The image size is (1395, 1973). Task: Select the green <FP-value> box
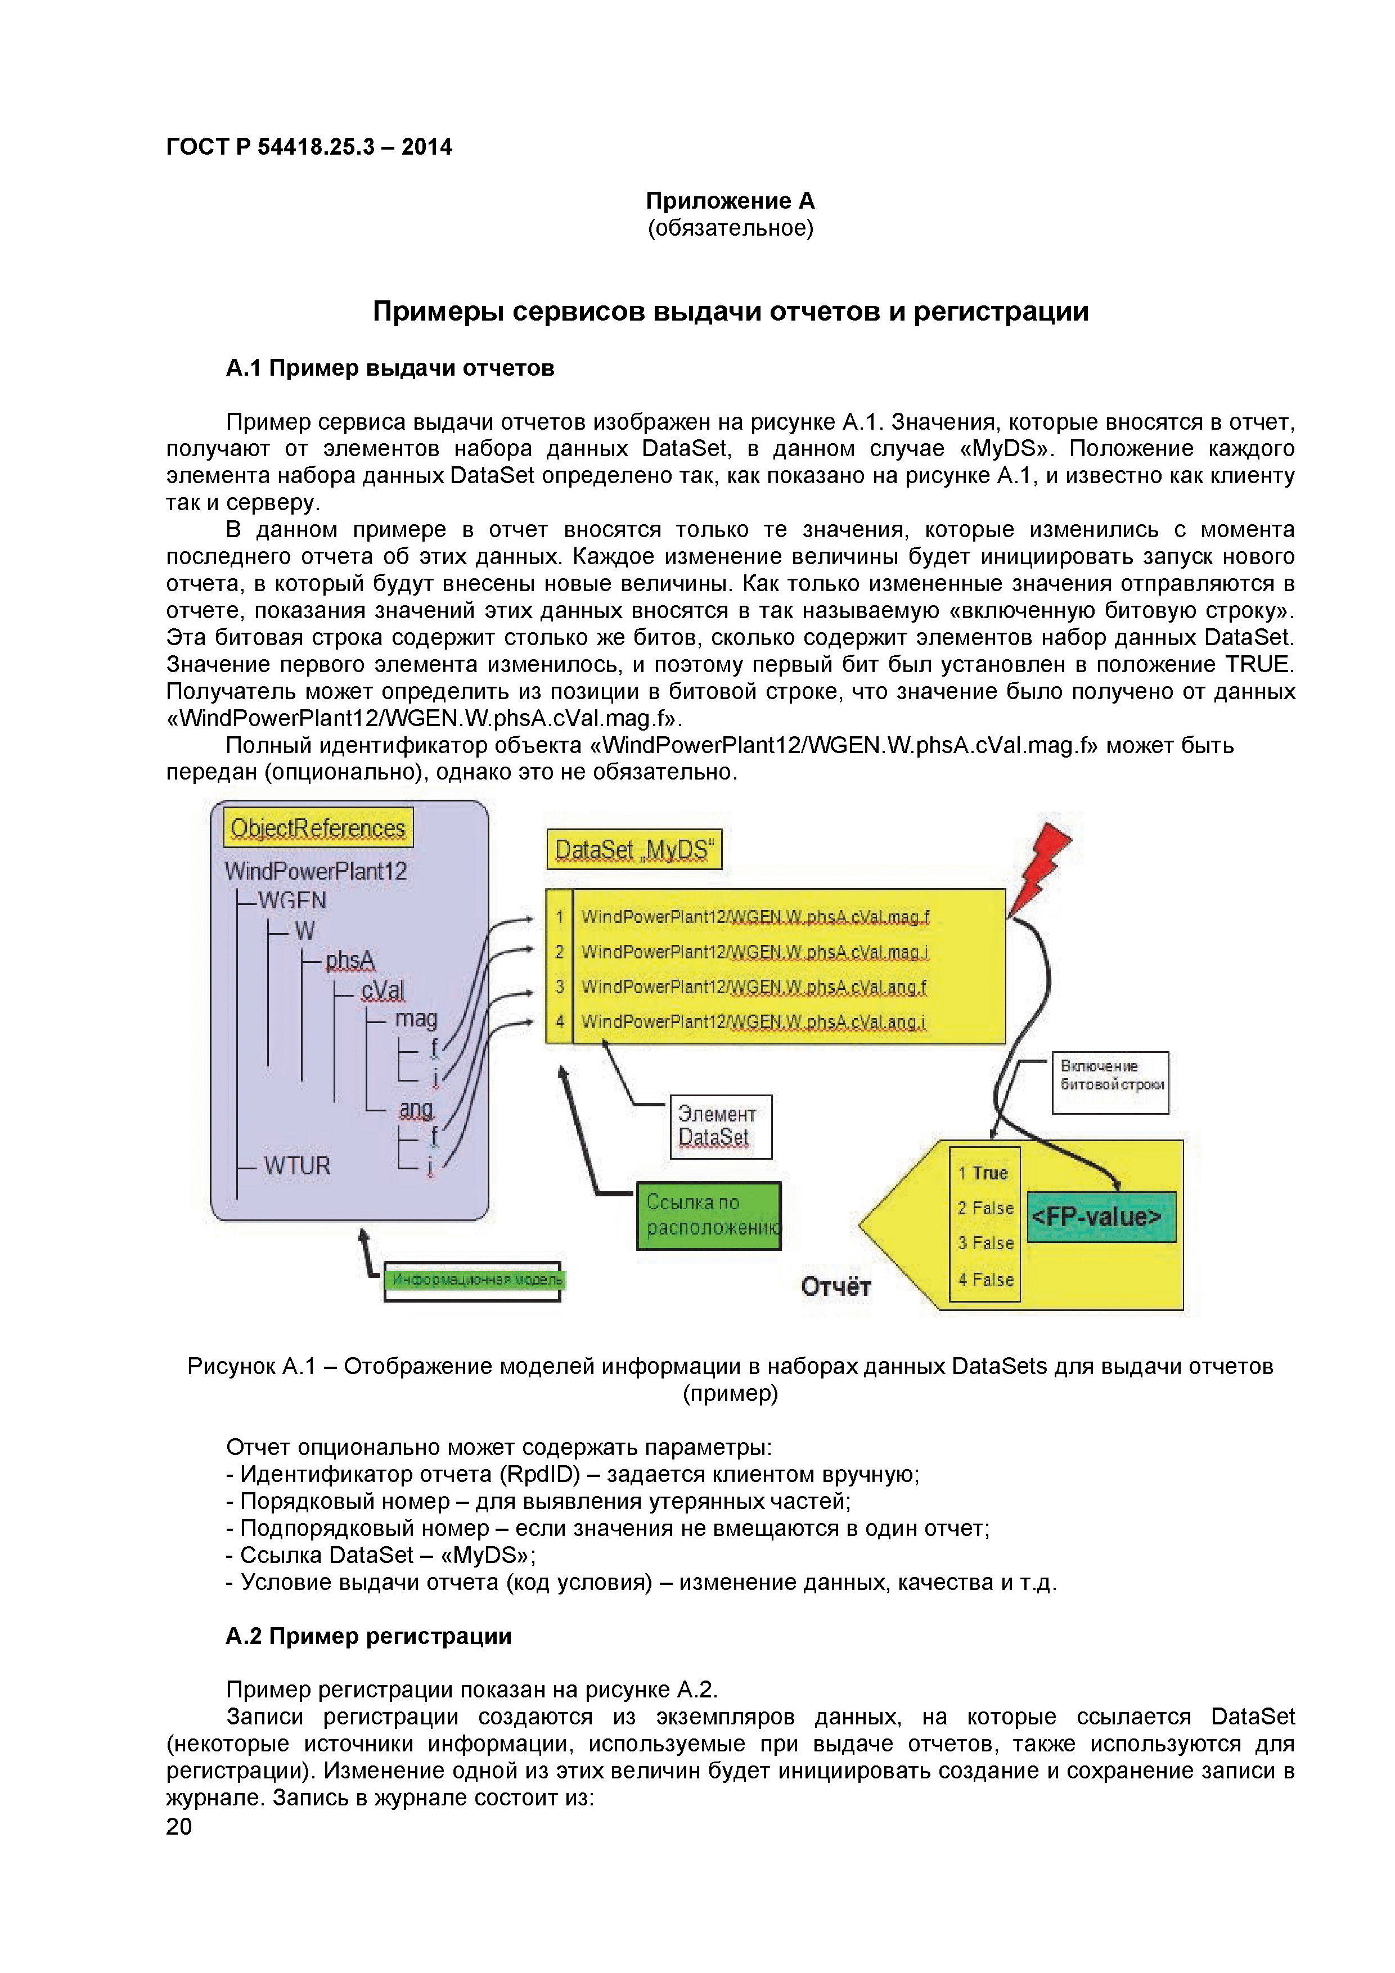1101,1217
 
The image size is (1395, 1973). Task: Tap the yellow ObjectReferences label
317,827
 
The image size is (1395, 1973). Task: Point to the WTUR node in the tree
296,1166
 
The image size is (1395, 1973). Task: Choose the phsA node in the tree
350,961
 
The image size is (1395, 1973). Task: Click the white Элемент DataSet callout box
720,1126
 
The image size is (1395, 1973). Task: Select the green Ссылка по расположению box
708,1215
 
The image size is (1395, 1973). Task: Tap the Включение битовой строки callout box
1110,1083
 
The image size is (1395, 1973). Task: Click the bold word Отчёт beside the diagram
835,1286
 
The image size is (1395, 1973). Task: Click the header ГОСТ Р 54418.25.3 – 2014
309,147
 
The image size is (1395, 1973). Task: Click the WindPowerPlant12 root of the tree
316,871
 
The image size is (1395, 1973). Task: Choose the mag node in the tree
416,1019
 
